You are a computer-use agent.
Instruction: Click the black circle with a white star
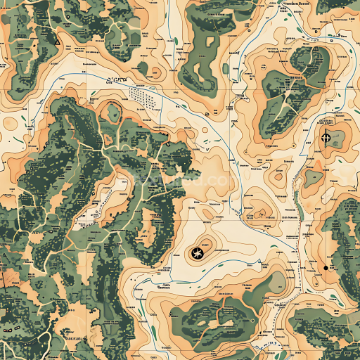197,253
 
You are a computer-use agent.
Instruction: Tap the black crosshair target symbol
326,137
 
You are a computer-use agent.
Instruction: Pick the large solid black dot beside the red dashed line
325,268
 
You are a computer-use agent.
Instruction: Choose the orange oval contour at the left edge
8,124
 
